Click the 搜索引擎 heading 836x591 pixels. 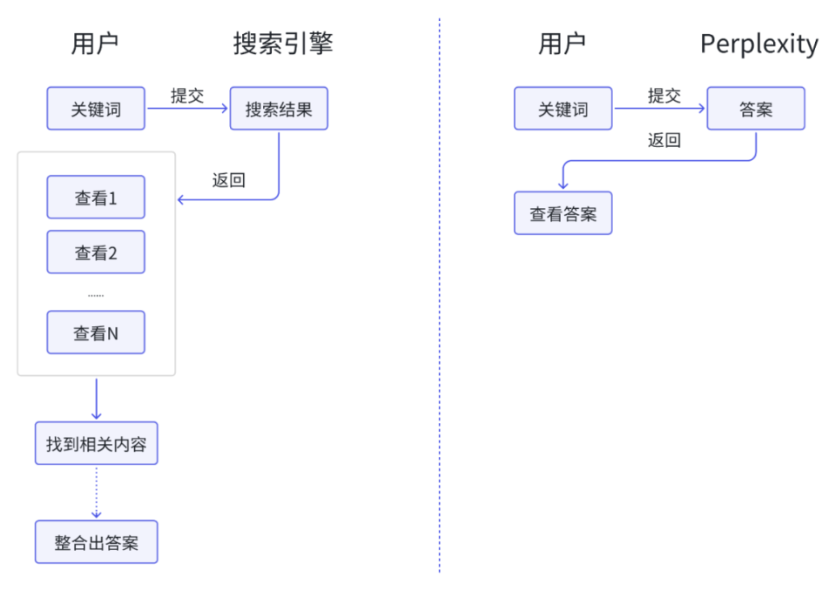(282, 44)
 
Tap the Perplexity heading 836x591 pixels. (758, 44)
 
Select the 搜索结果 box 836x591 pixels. (279, 109)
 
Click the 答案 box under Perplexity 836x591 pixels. (755, 109)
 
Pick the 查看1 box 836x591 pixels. (96, 198)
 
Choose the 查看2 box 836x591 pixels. (96, 252)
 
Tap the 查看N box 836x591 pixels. (96, 332)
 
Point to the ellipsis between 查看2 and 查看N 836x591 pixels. (96, 294)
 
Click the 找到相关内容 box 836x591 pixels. (96, 444)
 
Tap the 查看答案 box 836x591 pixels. (563, 213)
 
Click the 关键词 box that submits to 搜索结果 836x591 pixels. (96, 109)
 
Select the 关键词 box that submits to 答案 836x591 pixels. (563, 109)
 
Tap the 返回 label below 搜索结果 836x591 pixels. (228, 180)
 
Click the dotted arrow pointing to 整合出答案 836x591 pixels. (96, 492)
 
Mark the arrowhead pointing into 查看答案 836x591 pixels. (563, 186)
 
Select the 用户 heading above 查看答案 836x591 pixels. (562, 44)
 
